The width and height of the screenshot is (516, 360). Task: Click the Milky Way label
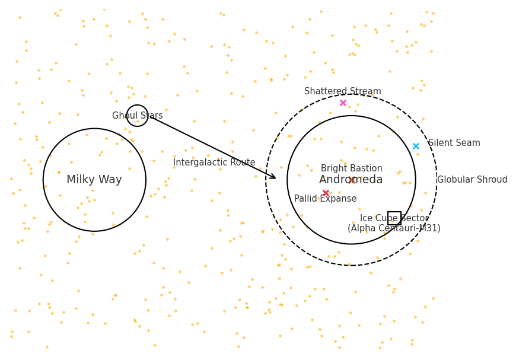click(x=94, y=180)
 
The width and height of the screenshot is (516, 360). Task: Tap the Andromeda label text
click(x=351, y=180)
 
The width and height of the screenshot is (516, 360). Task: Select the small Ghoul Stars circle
click(x=137, y=105)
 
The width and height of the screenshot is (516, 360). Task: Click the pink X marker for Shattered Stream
click(x=343, y=103)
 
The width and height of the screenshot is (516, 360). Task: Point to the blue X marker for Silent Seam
click(x=416, y=146)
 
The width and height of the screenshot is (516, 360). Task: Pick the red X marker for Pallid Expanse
click(x=326, y=193)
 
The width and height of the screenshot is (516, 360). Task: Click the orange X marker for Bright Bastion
click(x=352, y=180)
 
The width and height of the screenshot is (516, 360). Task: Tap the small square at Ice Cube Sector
click(x=394, y=212)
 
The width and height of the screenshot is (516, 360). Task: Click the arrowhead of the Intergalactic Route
click(x=275, y=179)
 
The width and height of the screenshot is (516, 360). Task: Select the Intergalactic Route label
click(x=214, y=163)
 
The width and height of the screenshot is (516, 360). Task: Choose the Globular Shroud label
click(x=472, y=180)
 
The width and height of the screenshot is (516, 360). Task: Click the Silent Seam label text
click(x=454, y=143)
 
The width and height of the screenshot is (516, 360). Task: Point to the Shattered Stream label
click(x=343, y=91)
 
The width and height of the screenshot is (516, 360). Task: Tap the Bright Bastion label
click(x=352, y=168)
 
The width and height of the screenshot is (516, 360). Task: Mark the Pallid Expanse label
click(x=325, y=199)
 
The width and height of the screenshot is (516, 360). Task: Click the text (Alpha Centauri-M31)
click(x=394, y=228)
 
